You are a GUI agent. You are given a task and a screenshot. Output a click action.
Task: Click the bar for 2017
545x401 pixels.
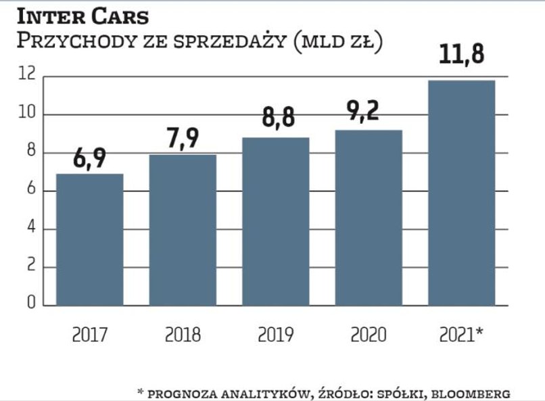(89, 239)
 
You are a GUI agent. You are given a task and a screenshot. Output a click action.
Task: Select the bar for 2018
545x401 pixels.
(183, 230)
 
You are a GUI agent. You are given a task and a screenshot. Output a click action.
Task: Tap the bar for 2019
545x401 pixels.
(275, 221)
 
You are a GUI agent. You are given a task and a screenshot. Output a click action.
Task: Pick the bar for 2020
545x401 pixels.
(369, 217)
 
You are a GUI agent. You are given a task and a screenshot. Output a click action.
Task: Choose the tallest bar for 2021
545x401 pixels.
(461, 193)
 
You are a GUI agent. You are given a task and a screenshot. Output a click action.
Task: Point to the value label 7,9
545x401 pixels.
(183, 141)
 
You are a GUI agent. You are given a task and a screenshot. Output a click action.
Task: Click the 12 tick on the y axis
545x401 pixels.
(26, 76)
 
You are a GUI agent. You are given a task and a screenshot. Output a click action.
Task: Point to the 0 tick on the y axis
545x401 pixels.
(30, 305)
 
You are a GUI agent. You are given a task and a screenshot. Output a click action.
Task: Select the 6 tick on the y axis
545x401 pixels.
(30, 191)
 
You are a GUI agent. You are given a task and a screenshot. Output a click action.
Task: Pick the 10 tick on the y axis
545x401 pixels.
(26, 114)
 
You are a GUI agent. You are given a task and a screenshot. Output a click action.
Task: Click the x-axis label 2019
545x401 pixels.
(275, 335)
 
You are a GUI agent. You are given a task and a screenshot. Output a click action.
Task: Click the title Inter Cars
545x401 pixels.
(82, 14)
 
